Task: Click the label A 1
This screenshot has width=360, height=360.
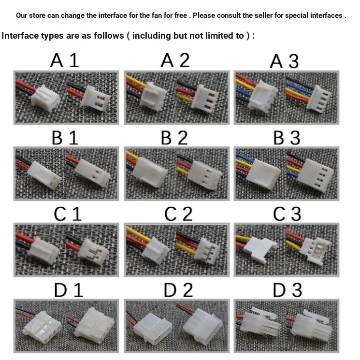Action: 65,60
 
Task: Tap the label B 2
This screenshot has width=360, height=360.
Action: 174,138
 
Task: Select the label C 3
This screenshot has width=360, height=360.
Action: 287,214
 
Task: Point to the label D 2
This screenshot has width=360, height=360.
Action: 178,290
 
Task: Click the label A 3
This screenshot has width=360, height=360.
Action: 284,61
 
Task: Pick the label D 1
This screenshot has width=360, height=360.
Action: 68,290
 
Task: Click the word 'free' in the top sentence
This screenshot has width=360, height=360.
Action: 181,15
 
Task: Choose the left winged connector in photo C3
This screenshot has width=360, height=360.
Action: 260,250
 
